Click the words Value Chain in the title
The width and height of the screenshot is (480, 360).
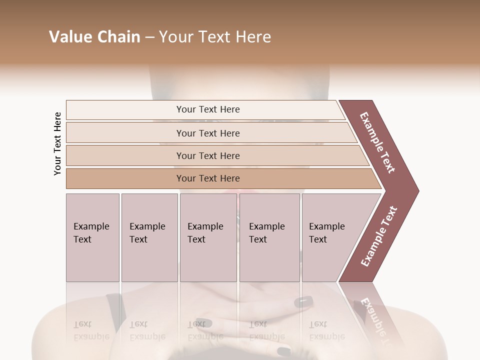tap(94, 37)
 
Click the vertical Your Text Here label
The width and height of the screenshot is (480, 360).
tap(57, 143)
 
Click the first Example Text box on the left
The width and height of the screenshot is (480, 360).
tap(92, 237)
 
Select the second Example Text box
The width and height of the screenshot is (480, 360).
tap(149, 237)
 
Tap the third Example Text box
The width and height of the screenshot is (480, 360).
tap(208, 237)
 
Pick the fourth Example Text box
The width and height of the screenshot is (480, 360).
tap(269, 237)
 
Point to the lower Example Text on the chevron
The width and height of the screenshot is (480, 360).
tap(379, 236)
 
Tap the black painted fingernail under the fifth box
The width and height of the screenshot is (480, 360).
tap(303, 301)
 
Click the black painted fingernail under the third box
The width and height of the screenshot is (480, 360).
tap(202, 322)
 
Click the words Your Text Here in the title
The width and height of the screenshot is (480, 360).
tap(215, 37)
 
